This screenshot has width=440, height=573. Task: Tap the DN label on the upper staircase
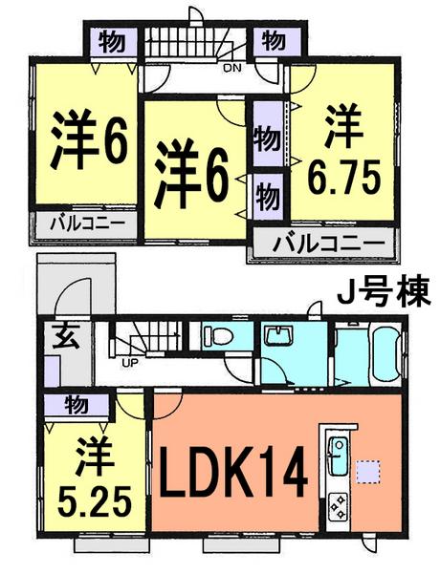(231, 68)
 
